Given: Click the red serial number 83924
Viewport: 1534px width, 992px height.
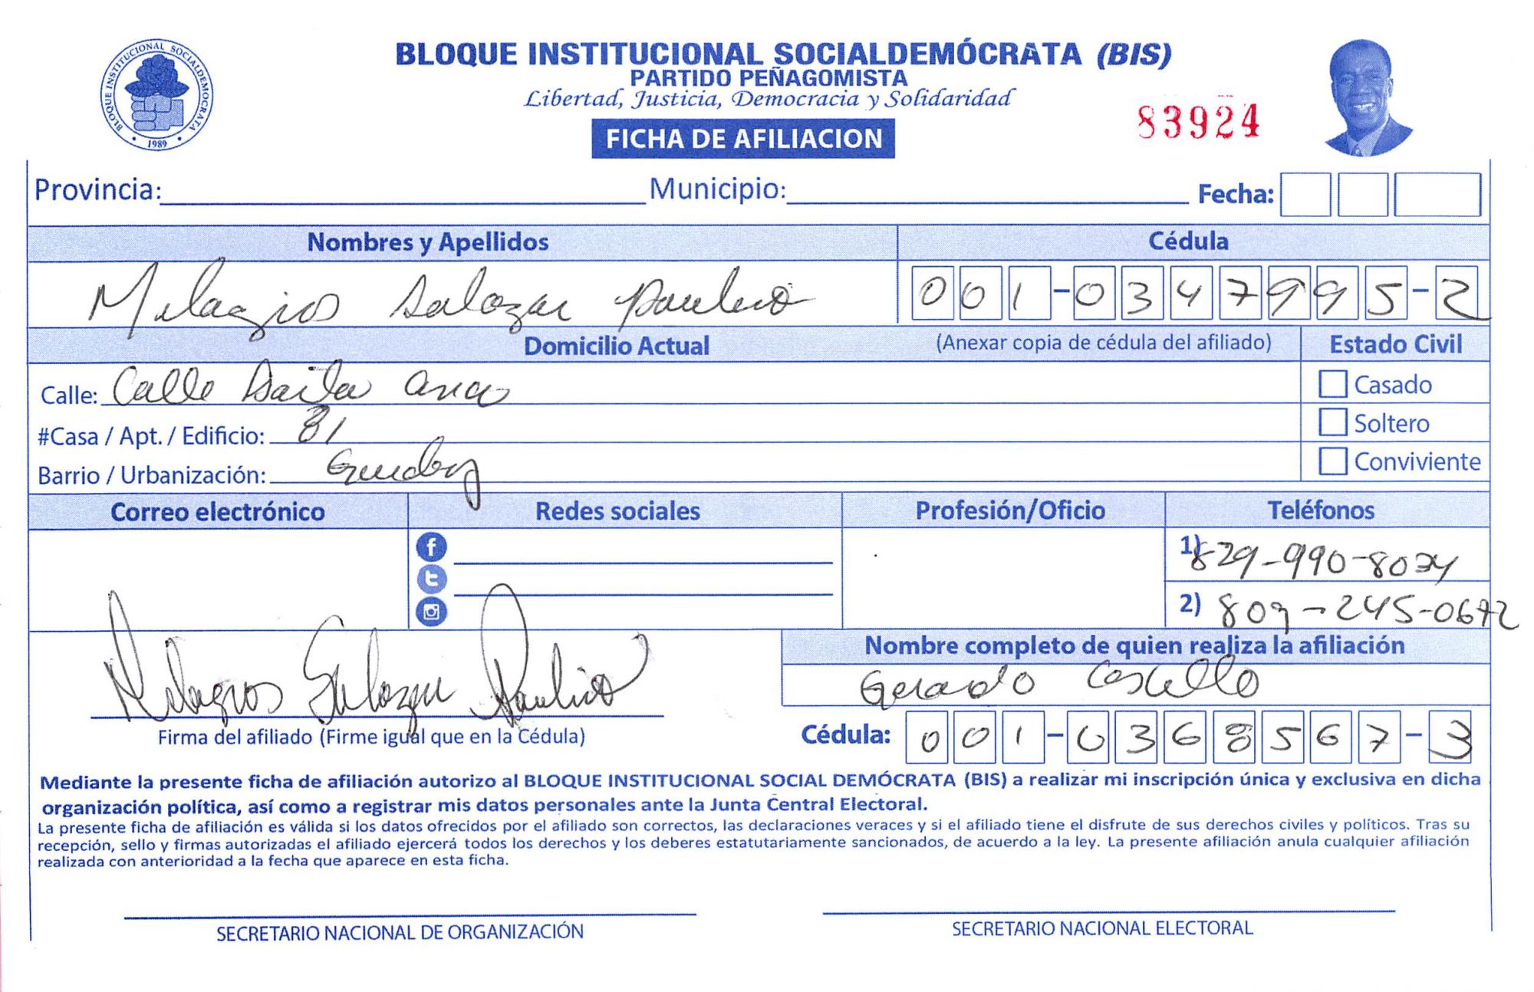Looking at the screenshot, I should click(1198, 122).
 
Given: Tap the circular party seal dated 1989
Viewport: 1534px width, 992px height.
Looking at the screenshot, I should click(156, 95).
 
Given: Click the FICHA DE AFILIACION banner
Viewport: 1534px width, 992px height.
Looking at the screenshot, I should click(742, 139).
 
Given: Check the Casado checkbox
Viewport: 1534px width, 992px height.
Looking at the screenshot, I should click(1332, 384).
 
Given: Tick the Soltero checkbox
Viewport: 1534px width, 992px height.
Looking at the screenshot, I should click(1332, 422).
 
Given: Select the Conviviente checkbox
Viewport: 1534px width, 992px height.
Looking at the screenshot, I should click(1332, 461).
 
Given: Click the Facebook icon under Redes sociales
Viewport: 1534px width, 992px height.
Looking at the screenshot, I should click(431, 547).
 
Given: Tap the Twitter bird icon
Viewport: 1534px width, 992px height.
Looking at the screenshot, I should click(431, 579).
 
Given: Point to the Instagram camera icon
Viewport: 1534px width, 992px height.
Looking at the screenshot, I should click(431, 612).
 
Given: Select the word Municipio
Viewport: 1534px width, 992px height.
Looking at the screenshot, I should click(717, 189).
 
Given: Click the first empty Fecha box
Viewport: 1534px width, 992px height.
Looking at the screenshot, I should click(1305, 195).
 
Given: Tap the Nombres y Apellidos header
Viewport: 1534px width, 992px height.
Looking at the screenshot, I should click(428, 242).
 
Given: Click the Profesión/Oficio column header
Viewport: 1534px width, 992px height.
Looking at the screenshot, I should click(1009, 511).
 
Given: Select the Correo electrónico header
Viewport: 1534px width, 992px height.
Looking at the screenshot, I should click(217, 512).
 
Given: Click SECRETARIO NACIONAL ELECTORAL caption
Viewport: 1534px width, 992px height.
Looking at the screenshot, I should click(1101, 928).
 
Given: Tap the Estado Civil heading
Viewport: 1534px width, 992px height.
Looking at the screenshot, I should click(1395, 345).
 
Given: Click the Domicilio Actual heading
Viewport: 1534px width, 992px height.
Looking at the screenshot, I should click(616, 347).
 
